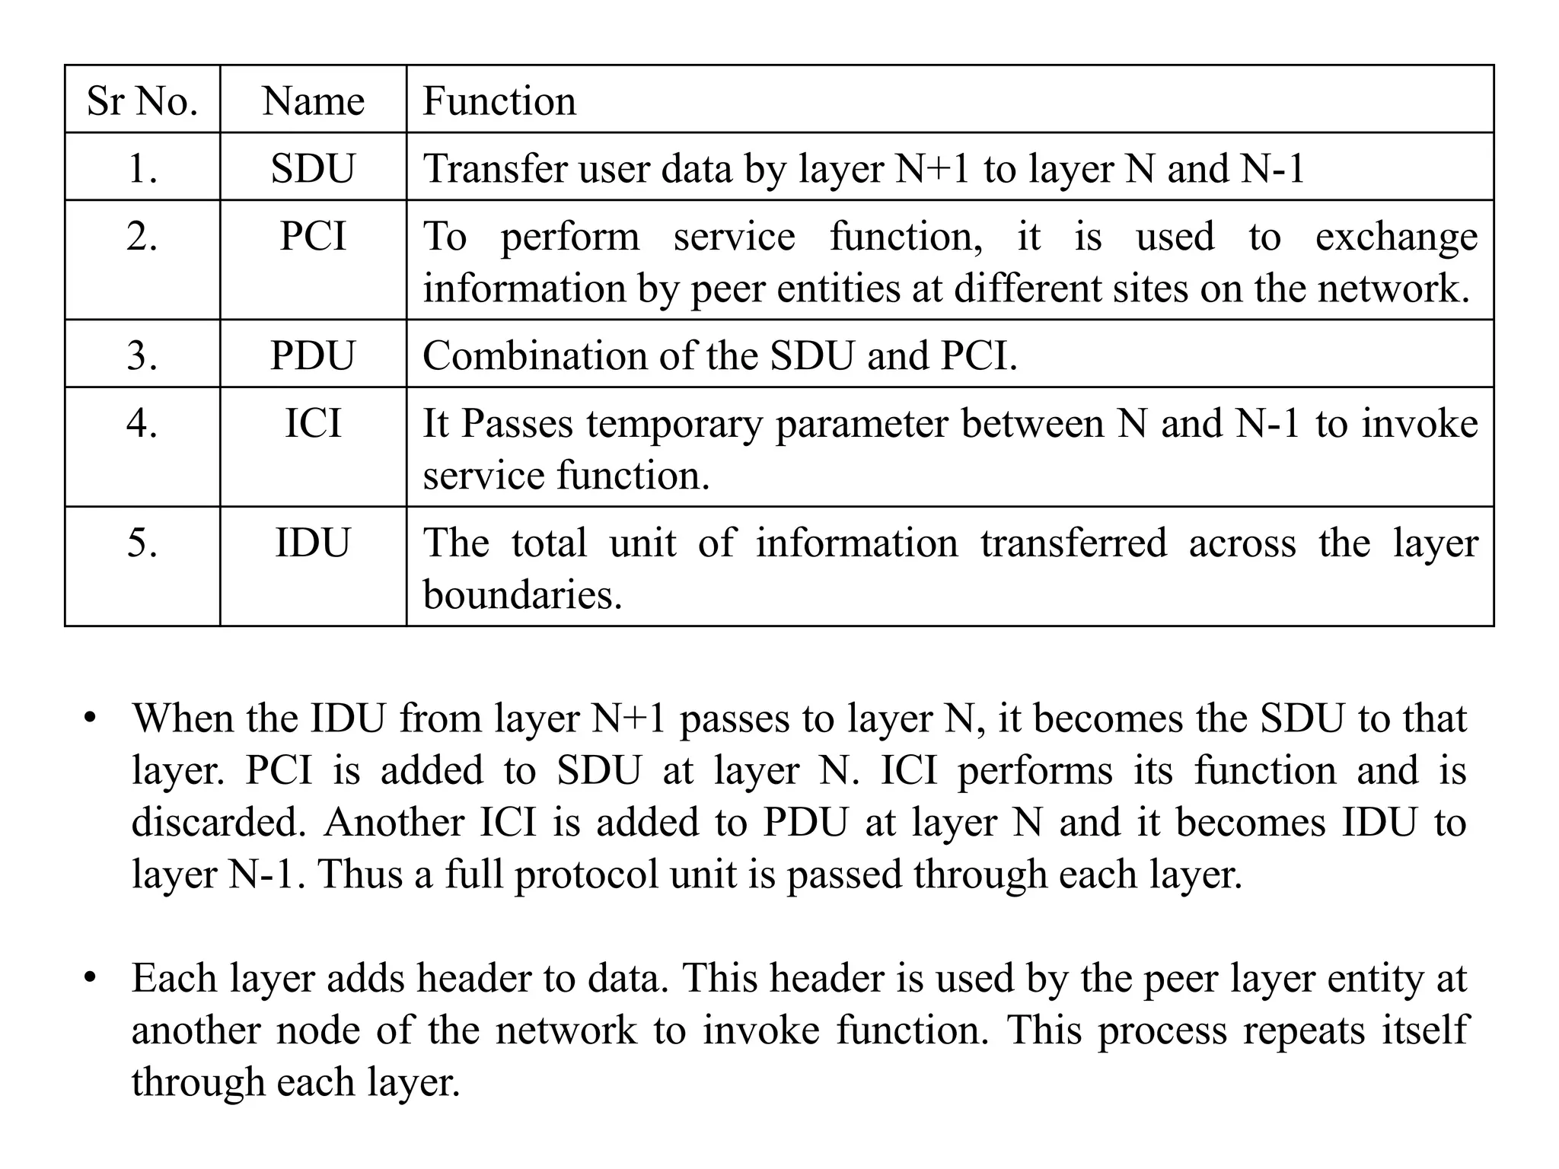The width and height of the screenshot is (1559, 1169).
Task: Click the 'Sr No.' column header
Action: point(142,100)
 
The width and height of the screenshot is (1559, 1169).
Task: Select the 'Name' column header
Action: point(313,100)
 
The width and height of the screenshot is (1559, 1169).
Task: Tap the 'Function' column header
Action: point(499,100)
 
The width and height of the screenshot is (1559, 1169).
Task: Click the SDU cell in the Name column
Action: point(313,168)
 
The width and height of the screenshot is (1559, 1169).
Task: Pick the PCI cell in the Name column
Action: point(313,236)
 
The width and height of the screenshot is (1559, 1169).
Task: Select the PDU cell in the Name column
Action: point(313,355)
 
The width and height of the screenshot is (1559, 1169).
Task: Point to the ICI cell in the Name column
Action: point(313,423)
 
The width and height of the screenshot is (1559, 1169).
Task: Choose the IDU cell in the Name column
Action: point(313,543)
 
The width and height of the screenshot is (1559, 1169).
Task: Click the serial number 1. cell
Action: point(142,168)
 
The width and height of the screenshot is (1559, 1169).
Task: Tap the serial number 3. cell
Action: point(142,355)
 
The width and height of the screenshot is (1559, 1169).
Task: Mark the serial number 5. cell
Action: point(142,543)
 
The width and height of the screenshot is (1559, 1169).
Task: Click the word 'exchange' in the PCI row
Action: point(1396,237)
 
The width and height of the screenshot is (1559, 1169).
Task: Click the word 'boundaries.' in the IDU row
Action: point(522,594)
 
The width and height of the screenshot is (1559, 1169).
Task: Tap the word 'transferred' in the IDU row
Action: point(1073,543)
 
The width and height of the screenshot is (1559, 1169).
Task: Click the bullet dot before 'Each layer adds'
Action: point(91,976)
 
